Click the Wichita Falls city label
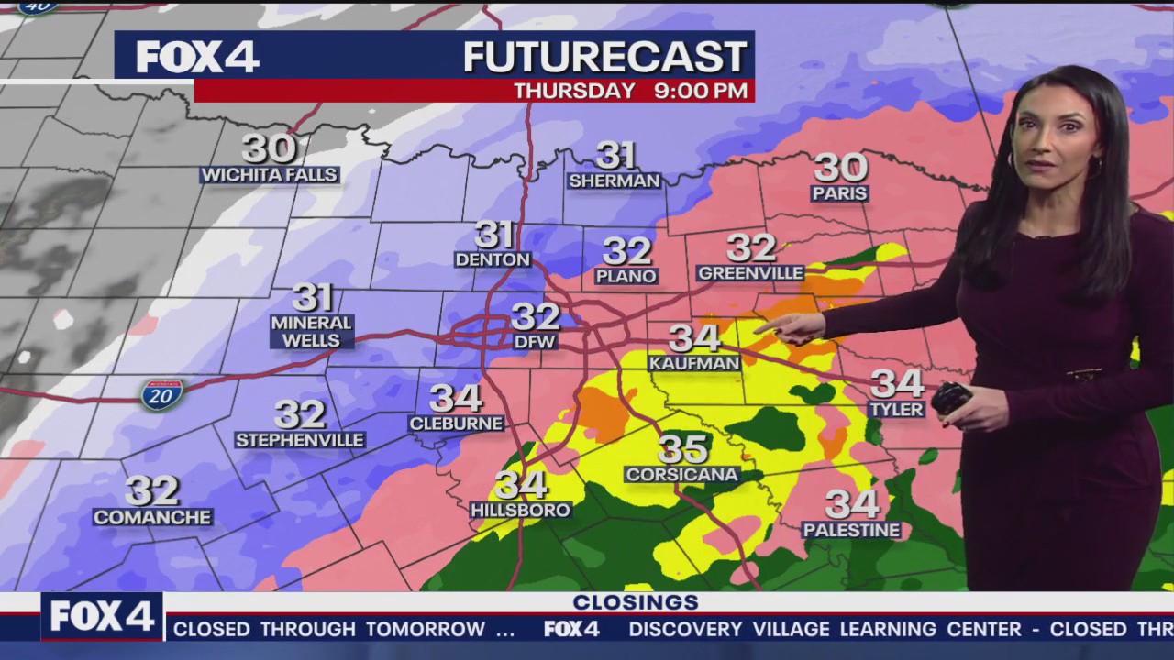[270, 175]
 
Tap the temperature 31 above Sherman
[615, 155]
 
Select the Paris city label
[839, 193]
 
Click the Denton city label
[493, 259]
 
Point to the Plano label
[626, 276]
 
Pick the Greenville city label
[750, 273]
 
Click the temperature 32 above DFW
[535, 316]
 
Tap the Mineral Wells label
[312, 332]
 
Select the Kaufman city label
[694, 364]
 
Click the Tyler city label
[896, 409]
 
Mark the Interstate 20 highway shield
[161, 394]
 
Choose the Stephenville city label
[300, 441]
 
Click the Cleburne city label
[456, 423]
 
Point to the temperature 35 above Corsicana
[682, 449]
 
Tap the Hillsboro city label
[520, 510]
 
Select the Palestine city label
[851, 530]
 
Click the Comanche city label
[152, 517]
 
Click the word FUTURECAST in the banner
[605, 57]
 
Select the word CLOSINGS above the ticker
[636, 602]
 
